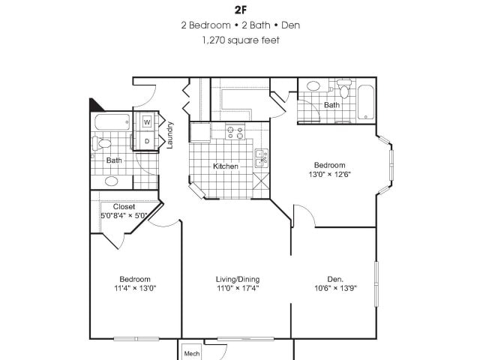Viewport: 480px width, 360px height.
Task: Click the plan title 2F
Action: tap(240, 10)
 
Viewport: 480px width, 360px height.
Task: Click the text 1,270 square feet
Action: tap(240, 40)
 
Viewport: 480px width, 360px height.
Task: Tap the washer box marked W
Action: tap(147, 121)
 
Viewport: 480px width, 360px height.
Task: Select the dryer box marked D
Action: tap(147, 140)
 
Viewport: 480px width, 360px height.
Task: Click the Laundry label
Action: tap(170, 135)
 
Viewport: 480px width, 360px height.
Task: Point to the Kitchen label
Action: tap(226, 166)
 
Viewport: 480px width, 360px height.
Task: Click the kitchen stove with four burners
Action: tap(235, 133)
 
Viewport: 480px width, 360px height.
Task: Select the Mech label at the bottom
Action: tap(191, 352)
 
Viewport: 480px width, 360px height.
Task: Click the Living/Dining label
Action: tap(238, 279)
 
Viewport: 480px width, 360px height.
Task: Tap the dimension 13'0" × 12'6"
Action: tap(329, 175)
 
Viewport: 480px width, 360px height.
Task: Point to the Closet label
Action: tap(124, 206)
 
